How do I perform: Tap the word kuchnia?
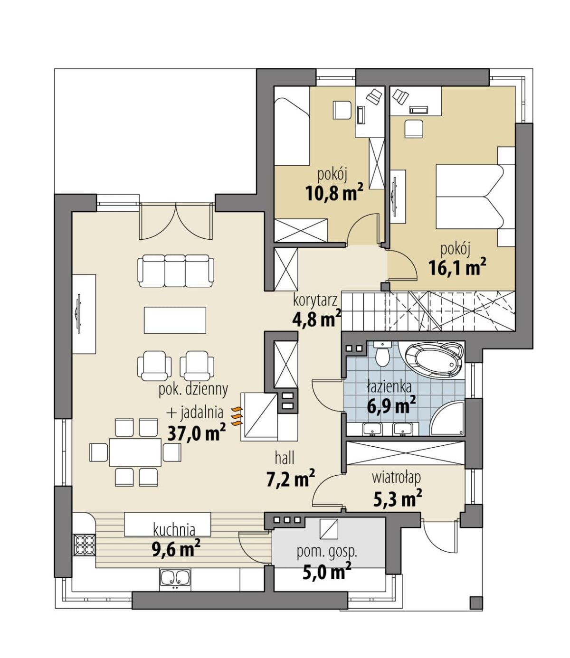[174, 530]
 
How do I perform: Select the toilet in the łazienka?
[382, 354]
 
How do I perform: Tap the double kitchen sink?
[175, 577]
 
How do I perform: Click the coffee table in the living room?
[175, 320]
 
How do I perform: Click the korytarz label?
[315, 300]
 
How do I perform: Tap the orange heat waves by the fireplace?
[237, 415]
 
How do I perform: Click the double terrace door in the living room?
[176, 221]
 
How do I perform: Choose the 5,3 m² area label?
[398, 498]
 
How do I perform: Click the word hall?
[285, 459]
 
